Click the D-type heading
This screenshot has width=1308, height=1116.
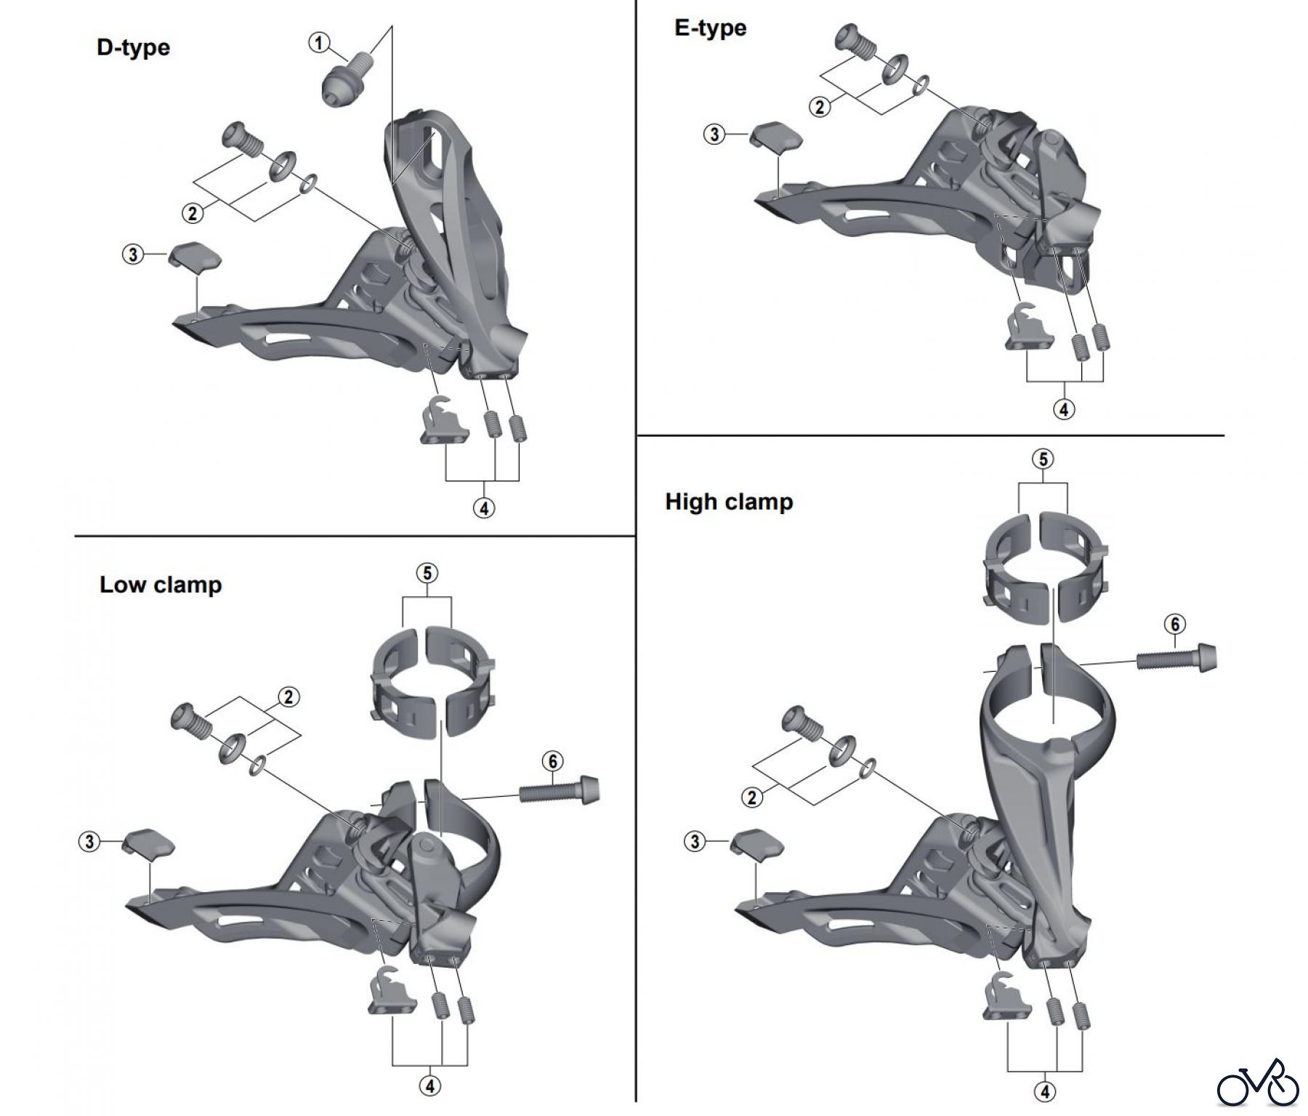point(133,48)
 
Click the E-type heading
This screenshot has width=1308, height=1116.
point(710,28)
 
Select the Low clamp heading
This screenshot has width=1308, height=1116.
point(161,585)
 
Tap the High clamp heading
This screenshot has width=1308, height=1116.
point(729,502)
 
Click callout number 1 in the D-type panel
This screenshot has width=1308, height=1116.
point(319,43)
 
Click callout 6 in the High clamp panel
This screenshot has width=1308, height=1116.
point(1174,624)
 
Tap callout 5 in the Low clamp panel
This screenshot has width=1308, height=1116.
point(427,573)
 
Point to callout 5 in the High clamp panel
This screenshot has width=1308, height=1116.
point(1043,459)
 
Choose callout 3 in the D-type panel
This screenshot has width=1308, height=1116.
point(132,255)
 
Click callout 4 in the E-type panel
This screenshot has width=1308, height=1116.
point(1064,409)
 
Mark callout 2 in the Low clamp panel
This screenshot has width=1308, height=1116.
point(288,697)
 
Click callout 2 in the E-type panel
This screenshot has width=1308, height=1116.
point(820,107)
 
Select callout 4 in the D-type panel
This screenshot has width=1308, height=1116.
point(484,507)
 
